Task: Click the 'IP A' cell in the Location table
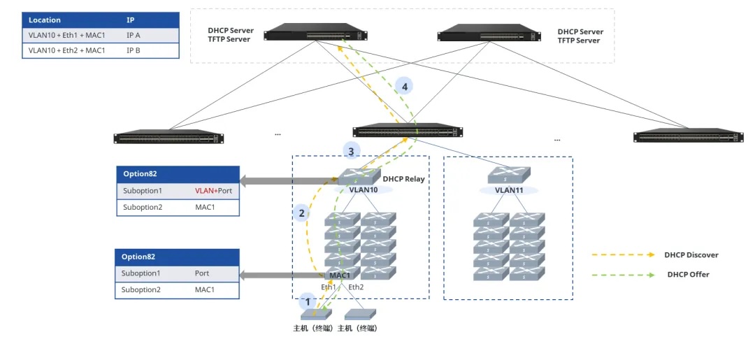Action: tap(133, 36)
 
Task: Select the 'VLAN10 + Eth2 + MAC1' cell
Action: tap(67, 50)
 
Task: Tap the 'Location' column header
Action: tap(45, 20)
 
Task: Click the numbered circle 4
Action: tap(405, 87)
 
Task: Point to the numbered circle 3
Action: tap(351, 152)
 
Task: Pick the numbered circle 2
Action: tap(301, 213)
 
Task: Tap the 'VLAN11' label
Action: tap(508, 190)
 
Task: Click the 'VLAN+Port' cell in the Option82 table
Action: tap(213, 191)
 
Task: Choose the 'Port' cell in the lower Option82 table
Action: tap(202, 273)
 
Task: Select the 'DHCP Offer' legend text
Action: tap(688, 274)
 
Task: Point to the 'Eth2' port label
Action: tap(356, 287)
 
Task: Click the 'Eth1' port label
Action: tap(329, 287)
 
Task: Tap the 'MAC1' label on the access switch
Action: tap(340, 276)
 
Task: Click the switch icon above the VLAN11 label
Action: tap(508, 175)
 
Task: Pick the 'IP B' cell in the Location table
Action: tap(133, 50)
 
